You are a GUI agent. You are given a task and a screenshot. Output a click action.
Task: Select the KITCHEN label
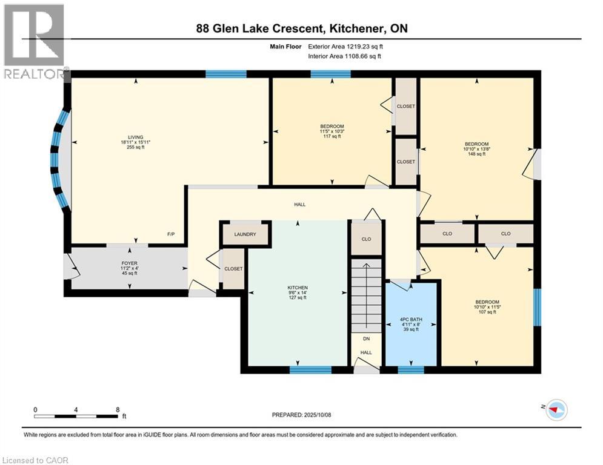click(298, 288)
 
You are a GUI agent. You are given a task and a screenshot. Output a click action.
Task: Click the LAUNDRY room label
click(245, 235)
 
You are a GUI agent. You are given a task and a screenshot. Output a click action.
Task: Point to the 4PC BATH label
click(411, 319)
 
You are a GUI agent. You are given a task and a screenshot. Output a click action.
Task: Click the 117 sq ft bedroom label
click(331, 127)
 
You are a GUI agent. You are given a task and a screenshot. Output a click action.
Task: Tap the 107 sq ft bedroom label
click(487, 302)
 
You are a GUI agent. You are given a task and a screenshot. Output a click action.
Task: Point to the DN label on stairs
click(366, 339)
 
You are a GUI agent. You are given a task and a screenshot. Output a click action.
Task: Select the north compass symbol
click(556, 411)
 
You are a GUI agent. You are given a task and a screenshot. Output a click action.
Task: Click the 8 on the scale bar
click(116, 409)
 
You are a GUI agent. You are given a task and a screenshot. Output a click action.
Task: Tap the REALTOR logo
click(34, 41)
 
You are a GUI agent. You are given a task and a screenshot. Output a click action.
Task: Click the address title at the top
click(301, 28)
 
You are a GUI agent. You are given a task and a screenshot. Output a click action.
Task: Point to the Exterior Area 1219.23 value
click(345, 46)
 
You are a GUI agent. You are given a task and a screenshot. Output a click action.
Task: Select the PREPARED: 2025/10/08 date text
click(301, 415)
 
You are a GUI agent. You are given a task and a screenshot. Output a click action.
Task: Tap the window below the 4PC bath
click(411, 369)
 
